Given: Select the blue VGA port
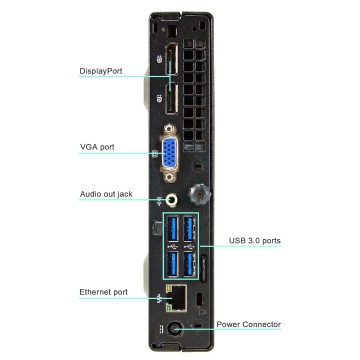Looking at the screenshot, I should (171, 152).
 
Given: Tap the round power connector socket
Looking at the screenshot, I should (173, 330).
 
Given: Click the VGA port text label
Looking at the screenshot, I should (98, 147).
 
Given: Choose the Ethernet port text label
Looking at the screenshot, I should (103, 292).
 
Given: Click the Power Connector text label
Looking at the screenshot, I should (249, 325).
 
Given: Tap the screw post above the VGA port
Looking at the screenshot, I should (171, 128).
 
